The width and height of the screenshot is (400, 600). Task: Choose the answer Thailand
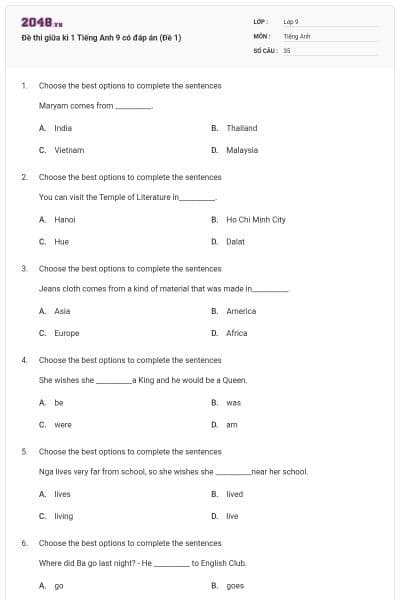click(241, 128)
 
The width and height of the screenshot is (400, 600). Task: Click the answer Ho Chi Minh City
click(256, 219)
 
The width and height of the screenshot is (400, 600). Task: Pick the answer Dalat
click(236, 241)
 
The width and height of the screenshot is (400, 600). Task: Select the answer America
click(241, 311)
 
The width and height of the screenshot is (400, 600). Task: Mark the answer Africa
click(237, 333)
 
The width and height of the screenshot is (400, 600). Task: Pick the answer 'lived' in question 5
click(234, 494)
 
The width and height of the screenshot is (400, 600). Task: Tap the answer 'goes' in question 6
click(235, 586)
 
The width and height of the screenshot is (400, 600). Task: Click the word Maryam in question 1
click(52, 105)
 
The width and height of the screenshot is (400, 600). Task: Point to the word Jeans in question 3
click(49, 288)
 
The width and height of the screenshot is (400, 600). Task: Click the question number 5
click(24, 451)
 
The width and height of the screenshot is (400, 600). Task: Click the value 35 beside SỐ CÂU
click(287, 49)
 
